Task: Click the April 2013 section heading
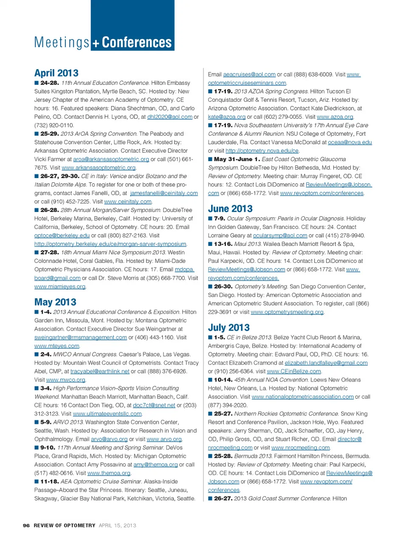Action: tap(56, 73)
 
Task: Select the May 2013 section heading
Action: tap(55, 302)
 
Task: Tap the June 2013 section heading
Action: tap(230, 209)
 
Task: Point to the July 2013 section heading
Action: tap(229, 327)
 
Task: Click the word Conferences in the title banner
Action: tap(137, 42)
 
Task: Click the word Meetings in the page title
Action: tap(62, 42)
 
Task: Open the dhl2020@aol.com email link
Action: tap(170, 117)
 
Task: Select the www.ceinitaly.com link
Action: tap(128, 201)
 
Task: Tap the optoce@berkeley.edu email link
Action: tap(62, 235)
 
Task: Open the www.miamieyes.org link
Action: tap(60, 286)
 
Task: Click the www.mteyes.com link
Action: tap(57, 346)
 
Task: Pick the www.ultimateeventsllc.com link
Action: tap(107, 413)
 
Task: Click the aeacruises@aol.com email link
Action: tap(249, 74)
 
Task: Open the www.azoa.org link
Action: tap(335, 117)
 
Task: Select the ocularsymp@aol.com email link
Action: tap(280, 235)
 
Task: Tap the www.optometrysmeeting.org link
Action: tap(287, 312)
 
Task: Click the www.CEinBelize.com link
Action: tap(294, 371)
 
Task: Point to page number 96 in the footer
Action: tap(26, 525)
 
